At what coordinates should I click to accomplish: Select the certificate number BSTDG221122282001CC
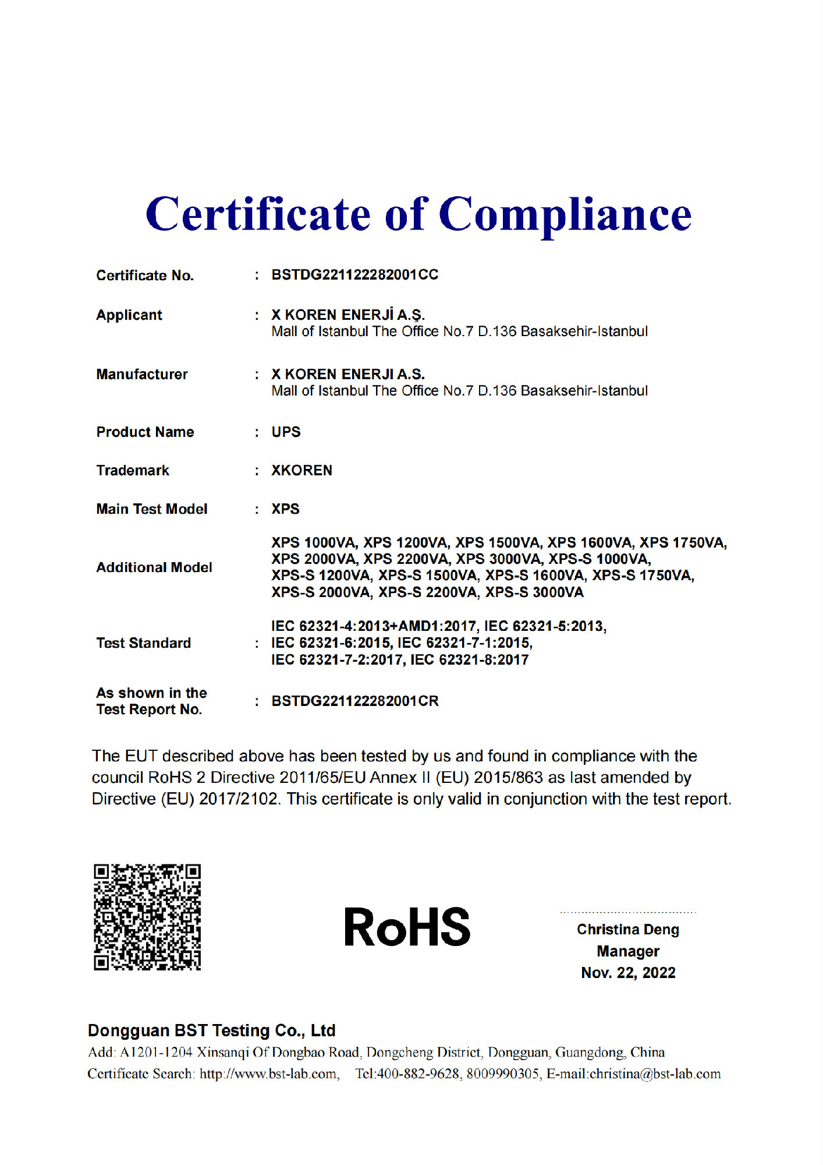tap(354, 275)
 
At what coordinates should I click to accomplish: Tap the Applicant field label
tap(129, 315)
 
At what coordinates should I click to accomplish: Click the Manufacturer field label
tap(142, 375)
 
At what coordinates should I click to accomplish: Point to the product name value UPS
tap(286, 432)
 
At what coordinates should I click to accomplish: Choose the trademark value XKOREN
tap(301, 471)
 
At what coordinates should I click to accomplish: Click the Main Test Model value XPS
tap(285, 509)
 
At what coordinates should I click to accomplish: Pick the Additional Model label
tap(154, 567)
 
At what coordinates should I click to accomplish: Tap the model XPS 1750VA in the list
tap(683, 543)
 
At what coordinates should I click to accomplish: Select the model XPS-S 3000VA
tap(534, 592)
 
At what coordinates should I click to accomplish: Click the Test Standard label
tap(144, 643)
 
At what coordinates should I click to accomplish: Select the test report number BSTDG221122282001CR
tap(355, 701)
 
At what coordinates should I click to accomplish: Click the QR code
tap(147, 917)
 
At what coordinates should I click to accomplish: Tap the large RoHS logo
tap(407, 927)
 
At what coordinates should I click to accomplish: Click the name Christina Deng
tap(627, 930)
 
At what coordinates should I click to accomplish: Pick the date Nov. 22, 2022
tap(628, 973)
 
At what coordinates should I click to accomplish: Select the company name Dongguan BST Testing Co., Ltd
tap(211, 1030)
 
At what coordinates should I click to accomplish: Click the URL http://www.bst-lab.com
tap(268, 1074)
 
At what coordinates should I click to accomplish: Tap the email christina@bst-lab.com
tap(655, 1074)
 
